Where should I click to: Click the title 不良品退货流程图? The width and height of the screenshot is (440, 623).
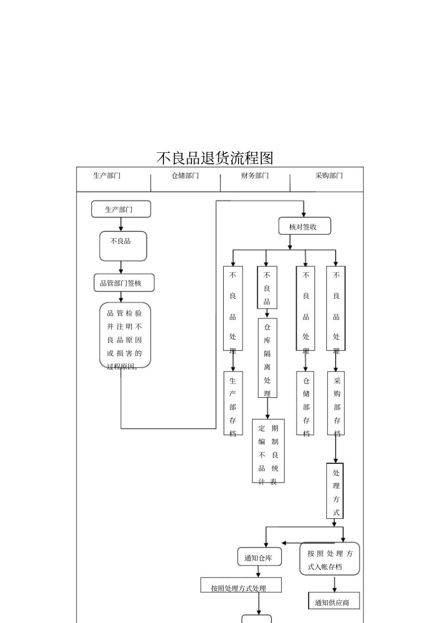coord(214,158)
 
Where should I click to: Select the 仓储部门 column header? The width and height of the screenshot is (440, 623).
coord(185,176)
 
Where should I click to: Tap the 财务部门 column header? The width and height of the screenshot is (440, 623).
coord(255,176)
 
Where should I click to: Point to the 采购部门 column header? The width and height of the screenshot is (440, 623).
coord(329,176)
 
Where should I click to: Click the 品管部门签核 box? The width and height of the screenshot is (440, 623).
coord(124,283)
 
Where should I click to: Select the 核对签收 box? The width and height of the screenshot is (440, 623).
coord(304,227)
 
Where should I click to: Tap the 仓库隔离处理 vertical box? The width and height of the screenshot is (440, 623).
coord(267,358)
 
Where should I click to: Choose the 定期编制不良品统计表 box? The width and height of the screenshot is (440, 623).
coord(268,451)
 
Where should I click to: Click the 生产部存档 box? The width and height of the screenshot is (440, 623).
coord(233,403)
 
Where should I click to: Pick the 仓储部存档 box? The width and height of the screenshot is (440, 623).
coord(306,403)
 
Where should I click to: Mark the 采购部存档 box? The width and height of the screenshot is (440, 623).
coord(336,403)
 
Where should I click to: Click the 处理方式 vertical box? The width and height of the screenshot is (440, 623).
coord(335,491)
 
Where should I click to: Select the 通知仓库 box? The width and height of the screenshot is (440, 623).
coord(258,558)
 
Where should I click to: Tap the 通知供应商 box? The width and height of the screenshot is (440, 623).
coord(333,602)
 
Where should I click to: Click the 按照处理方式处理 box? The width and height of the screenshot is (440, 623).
coord(240,585)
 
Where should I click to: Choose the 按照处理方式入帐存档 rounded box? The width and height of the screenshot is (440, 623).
coord(329,559)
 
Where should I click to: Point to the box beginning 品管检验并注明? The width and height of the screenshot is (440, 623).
coord(125,335)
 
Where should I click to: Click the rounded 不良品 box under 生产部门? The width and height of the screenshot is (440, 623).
coord(123,246)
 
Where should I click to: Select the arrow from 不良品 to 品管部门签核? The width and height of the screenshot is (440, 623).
coord(121,267)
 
